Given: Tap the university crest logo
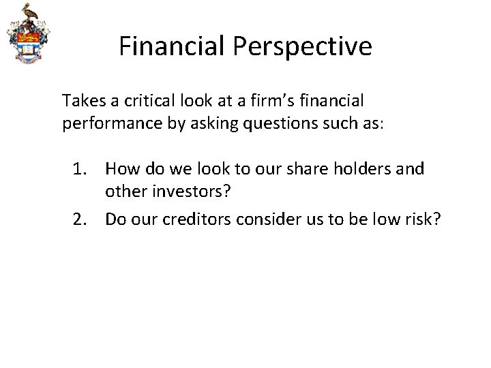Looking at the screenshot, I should [x=27, y=35].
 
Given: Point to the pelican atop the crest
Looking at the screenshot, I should [x=27, y=14].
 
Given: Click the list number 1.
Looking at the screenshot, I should [x=81, y=168].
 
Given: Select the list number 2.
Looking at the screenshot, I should [x=81, y=219].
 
